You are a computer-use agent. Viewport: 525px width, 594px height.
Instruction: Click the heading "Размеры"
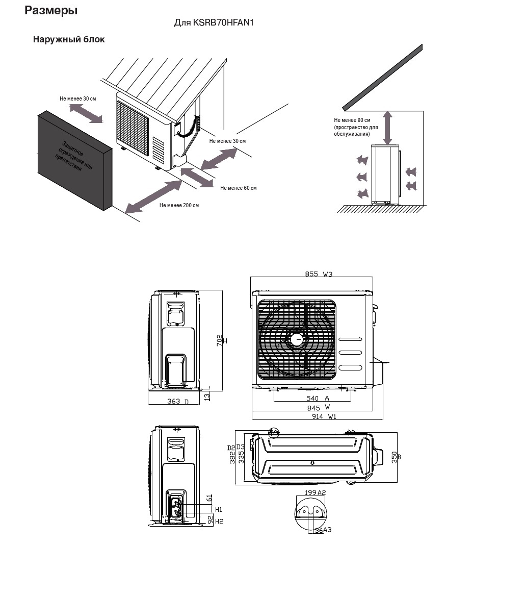51,10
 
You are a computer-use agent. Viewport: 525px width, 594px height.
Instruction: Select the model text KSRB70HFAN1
223,23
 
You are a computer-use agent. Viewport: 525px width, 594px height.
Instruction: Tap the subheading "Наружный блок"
69,39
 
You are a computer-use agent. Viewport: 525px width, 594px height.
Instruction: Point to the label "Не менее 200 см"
179,205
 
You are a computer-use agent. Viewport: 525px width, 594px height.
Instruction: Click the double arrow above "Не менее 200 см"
153,196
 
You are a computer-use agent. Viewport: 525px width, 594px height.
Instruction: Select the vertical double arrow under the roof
387,128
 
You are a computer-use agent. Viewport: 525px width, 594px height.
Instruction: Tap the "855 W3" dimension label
319,274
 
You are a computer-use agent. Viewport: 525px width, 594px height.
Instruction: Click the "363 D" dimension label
178,402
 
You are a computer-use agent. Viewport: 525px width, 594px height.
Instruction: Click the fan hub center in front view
297,339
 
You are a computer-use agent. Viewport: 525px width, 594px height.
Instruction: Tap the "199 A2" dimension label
314,492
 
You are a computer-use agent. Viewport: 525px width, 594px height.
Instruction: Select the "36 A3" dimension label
323,530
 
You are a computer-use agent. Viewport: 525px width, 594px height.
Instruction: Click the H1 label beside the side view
219,509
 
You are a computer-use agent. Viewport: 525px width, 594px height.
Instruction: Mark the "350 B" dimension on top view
396,457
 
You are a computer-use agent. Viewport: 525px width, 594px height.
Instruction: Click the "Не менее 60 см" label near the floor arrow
239,188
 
